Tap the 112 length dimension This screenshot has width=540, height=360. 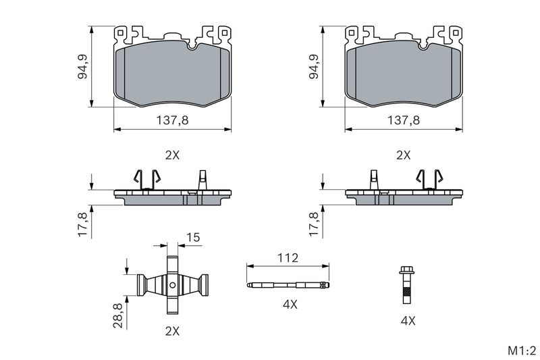coord(288,258)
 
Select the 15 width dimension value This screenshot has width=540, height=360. coord(194,237)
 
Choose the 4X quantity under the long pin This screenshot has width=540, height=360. coord(290,305)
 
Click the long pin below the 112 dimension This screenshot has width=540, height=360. coord(288,284)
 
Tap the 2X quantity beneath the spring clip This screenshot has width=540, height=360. coord(172,331)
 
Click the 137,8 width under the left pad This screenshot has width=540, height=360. coord(172,120)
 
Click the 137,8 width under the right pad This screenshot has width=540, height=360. coord(403,120)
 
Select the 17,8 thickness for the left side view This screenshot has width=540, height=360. coord(83,224)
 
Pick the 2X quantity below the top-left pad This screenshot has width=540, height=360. coord(172,155)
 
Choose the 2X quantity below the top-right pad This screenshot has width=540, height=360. coord(403,155)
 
